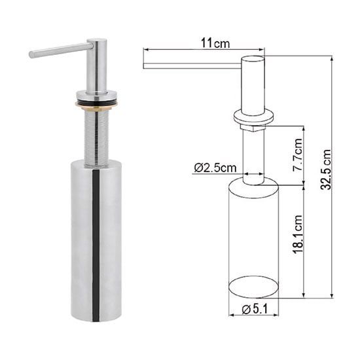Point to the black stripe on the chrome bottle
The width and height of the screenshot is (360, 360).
click(96, 242)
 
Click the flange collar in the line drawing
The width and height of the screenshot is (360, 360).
click(253, 118)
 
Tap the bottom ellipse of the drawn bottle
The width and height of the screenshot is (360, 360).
click(253, 287)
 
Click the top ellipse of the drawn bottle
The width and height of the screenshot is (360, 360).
click(253, 188)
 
